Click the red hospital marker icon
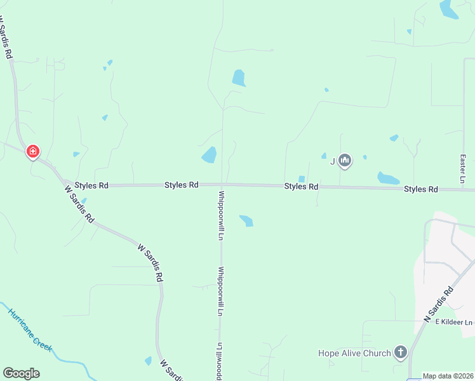click(x=33, y=152)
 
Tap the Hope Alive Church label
click(x=354, y=352)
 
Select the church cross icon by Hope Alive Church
click(x=400, y=351)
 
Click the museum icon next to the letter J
click(x=345, y=161)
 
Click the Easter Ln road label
click(x=463, y=169)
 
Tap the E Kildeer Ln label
click(x=455, y=322)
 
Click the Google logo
click(x=21, y=373)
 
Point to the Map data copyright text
click(x=448, y=376)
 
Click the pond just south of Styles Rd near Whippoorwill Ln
click(x=246, y=220)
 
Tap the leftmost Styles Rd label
click(x=91, y=185)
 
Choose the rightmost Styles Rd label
click(x=421, y=189)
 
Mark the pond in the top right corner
click(x=448, y=8)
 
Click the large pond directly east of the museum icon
click(x=387, y=178)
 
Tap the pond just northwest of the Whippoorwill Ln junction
click(x=209, y=155)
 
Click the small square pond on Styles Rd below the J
click(x=302, y=179)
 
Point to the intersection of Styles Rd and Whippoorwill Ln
click(x=222, y=185)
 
